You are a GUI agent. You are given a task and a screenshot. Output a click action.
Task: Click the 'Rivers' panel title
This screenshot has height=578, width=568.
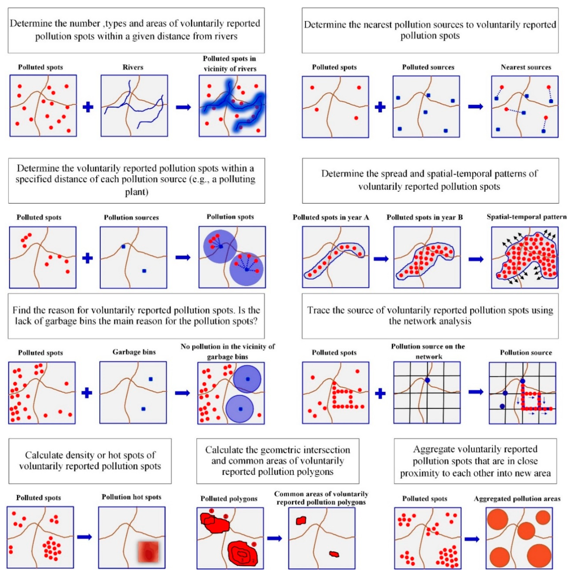pos(133,67)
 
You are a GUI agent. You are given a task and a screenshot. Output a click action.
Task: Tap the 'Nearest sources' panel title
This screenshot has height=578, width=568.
pos(526,67)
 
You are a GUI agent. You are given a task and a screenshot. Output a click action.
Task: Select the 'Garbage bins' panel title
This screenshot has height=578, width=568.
pos(134,352)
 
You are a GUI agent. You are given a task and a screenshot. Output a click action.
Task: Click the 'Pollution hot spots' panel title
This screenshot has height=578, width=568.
pos(131,497)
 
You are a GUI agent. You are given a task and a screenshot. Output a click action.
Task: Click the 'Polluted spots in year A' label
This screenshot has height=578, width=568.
pos(331,217)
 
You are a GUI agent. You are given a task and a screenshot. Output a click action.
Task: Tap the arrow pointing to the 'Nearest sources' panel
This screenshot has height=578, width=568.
pos(476,106)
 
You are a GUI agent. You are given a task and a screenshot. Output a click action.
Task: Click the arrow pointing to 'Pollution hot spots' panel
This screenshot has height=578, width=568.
pos(85,537)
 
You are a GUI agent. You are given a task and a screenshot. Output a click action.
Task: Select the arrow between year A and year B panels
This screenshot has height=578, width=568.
pos(381,258)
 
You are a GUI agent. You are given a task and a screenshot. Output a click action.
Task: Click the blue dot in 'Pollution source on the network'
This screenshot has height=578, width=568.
pos(427,380)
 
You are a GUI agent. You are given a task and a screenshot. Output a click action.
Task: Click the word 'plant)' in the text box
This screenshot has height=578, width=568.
pos(137,191)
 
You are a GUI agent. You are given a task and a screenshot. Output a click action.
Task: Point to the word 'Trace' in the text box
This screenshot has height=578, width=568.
pos(319,310)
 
